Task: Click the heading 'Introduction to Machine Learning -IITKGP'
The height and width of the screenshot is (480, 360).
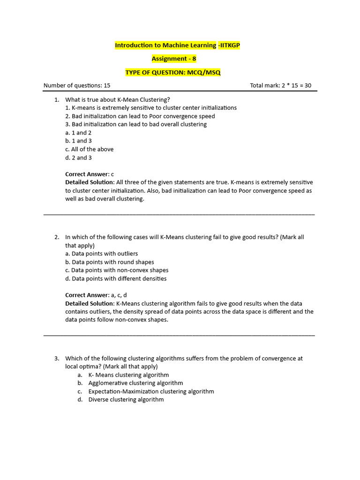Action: point(180,45)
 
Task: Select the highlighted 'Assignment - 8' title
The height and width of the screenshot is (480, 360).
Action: point(174,59)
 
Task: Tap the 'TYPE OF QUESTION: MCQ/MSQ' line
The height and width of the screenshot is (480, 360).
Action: point(172,72)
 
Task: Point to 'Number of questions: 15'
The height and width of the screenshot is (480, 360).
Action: point(77,86)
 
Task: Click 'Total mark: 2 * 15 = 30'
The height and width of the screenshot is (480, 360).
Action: point(280,86)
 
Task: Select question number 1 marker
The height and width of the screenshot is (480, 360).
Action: point(56,99)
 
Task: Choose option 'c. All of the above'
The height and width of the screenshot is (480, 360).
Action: point(89,150)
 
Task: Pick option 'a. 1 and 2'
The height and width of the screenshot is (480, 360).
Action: point(78,133)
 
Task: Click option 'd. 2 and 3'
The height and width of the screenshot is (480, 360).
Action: point(78,158)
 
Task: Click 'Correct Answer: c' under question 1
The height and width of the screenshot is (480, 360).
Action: point(89,174)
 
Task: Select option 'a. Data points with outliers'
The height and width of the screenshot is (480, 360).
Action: point(101,254)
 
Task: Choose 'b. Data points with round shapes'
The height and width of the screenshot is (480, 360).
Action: point(109,262)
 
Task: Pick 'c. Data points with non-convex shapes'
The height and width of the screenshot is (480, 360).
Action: point(117,270)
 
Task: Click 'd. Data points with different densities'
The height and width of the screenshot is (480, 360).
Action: point(116,279)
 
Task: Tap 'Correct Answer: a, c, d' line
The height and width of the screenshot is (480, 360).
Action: point(96,295)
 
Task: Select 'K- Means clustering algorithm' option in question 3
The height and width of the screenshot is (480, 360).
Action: point(128,375)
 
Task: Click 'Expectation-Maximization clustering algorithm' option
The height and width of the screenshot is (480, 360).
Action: point(151,391)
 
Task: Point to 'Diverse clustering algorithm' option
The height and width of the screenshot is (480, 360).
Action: point(126,400)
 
